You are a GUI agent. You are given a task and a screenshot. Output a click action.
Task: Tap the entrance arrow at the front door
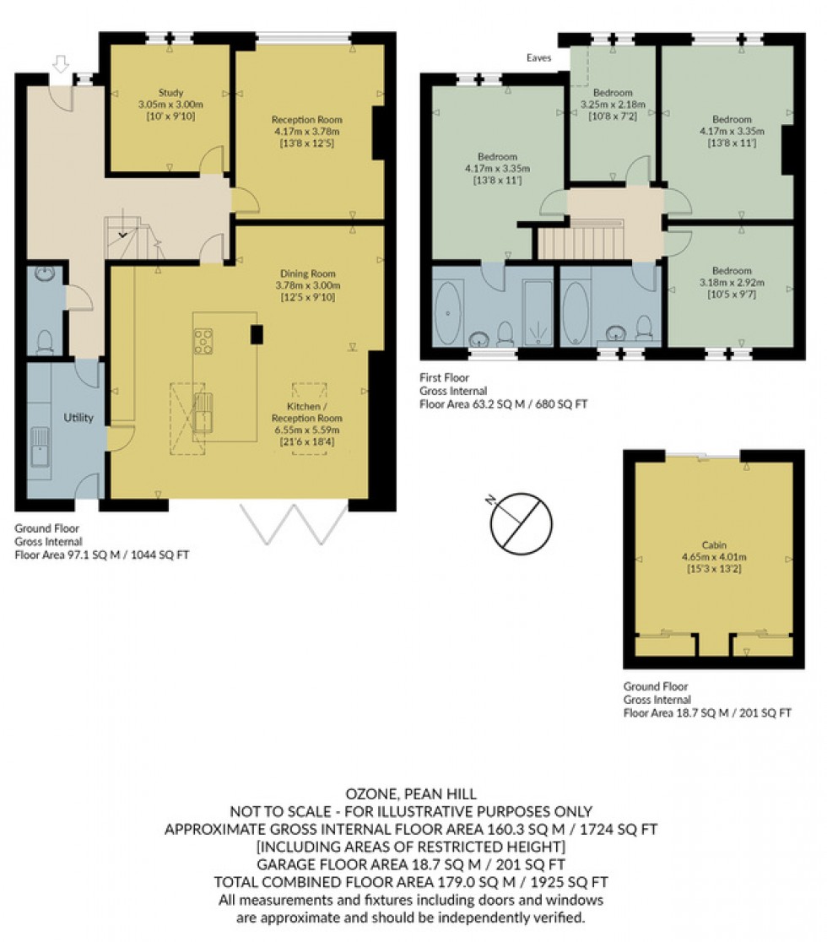click(x=59, y=64)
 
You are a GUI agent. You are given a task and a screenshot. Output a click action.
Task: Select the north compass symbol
click(x=521, y=523)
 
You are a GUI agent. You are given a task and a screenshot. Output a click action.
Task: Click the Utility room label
click(x=78, y=418)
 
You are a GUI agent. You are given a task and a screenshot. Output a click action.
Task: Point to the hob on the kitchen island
click(x=203, y=341)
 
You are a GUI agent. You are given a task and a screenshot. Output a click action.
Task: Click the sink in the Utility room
click(x=40, y=447)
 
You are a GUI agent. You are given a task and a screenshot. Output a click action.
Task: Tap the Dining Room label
click(x=307, y=285)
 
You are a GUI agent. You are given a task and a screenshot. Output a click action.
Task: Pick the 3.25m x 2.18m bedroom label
click(x=613, y=104)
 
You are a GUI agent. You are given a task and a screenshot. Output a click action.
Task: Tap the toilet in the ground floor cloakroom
click(x=45, y=341)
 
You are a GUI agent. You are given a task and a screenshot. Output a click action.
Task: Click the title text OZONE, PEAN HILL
click(x=411, y=794)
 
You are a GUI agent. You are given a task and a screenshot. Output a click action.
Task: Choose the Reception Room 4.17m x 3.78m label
click(x=305, y=131)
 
